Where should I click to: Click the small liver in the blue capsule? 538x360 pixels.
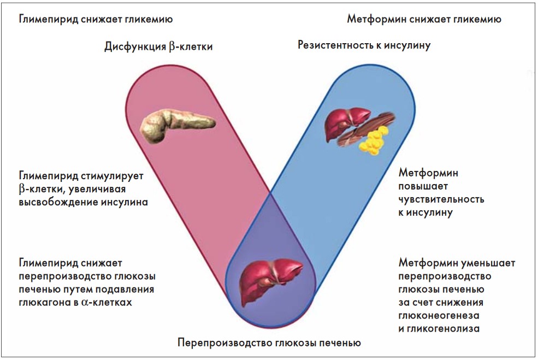[342, 123]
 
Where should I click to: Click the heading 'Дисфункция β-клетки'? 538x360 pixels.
[158, 47]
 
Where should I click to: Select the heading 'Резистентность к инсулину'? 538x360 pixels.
[364, 45]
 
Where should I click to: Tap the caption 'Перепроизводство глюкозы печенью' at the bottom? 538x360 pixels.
[269, 344]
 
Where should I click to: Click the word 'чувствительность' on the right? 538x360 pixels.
[441, 199]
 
